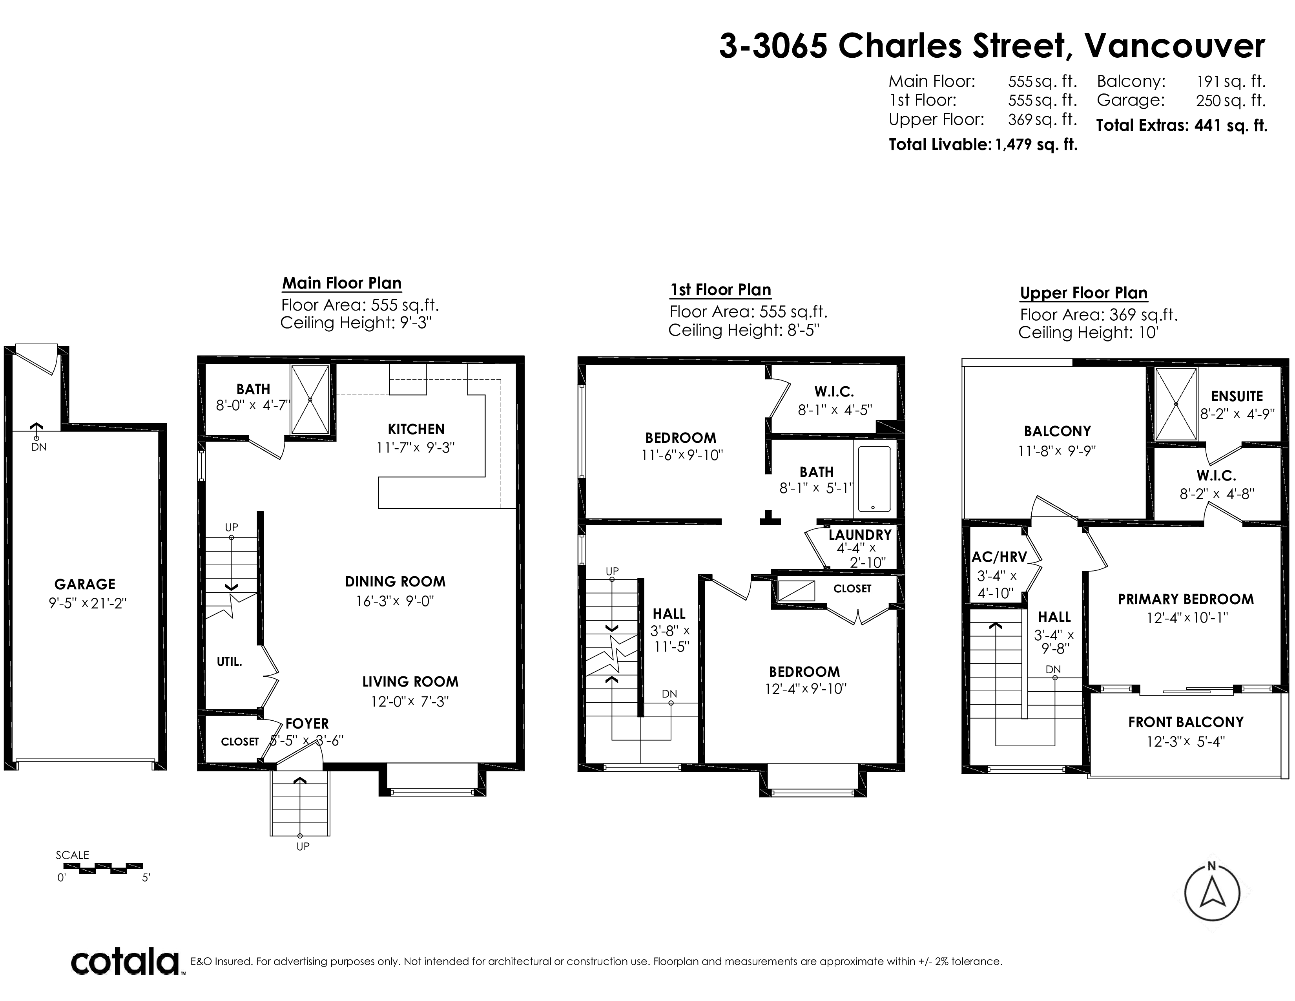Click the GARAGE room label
click(85, 584)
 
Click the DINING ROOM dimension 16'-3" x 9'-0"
click(395, 601)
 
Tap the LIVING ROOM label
click(410, 682)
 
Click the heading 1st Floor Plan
click(720, 290)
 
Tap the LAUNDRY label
click(860, 534)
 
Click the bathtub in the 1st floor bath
click(874, 479)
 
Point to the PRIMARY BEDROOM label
click(1186, 599)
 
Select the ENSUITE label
click(1237, 396)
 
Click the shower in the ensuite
click(1176, 403)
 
